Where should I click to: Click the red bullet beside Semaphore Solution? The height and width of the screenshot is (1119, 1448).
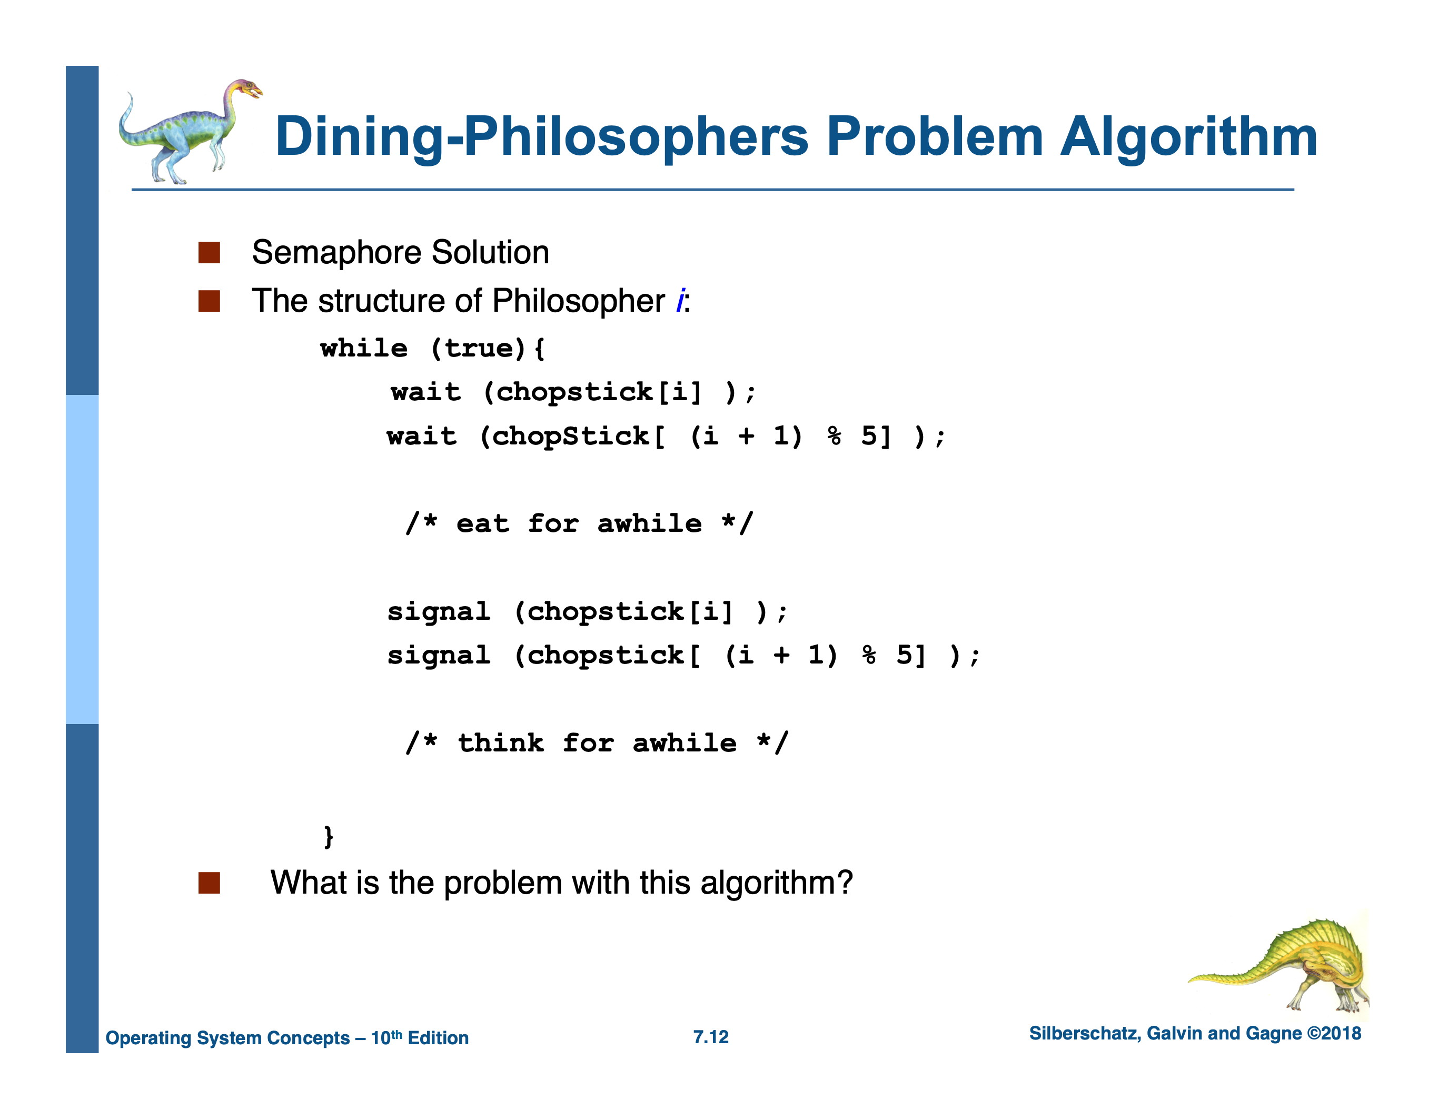[x=209, y=253]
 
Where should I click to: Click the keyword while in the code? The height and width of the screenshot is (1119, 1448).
[x=363, y=348]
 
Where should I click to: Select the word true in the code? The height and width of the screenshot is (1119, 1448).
[x=479, y=348]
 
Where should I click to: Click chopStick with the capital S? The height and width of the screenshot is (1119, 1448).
[x=571, y=436]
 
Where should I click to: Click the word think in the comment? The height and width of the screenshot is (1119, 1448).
[x=501, y=742]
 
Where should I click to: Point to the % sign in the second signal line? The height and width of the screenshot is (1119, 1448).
[x=868, y=655]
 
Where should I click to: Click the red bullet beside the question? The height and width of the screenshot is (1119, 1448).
[x=209, y=883]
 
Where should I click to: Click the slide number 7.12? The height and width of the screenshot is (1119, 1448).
[x=711, y=1037]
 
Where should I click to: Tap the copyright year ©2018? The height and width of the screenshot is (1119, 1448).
[x=1333, y=1034]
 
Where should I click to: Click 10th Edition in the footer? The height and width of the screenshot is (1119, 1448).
[x=419, y=1037]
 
